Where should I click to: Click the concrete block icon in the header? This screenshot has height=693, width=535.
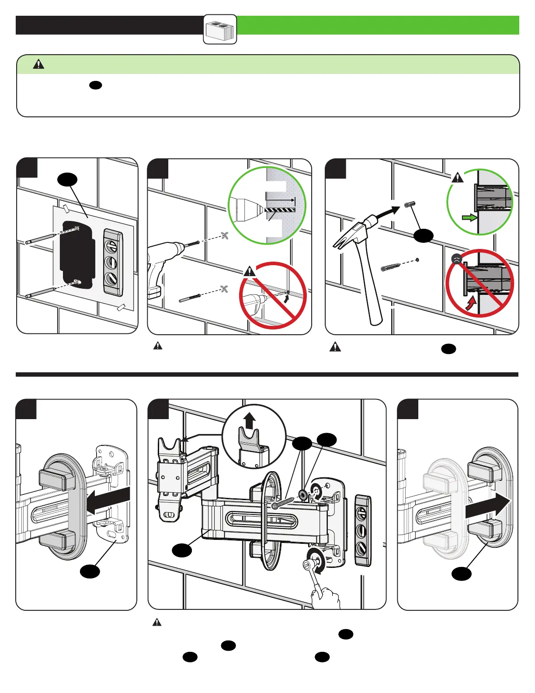tap(220, 30)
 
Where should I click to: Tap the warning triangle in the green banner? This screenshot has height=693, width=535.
tap(38, 65)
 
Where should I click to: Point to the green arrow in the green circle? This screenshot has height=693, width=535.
tap(469, 217)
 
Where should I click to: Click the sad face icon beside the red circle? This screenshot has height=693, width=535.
tap(456, 259)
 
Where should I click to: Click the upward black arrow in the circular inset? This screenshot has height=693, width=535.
tap(250, 421)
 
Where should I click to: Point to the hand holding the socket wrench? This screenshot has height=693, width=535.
tap(326, 598)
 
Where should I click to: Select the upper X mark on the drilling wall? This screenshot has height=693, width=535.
tap(225, 235)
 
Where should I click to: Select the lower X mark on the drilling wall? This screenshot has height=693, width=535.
tap(225, 289)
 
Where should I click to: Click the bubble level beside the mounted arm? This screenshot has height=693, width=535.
tap(363, 530)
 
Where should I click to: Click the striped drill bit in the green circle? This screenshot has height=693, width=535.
tap(280, 210)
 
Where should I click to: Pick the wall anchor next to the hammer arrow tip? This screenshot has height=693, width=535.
tap(410, 204)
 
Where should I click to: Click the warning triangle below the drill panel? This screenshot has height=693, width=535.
tap(158, 346)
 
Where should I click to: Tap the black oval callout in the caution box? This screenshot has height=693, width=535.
tap(95, 85)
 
